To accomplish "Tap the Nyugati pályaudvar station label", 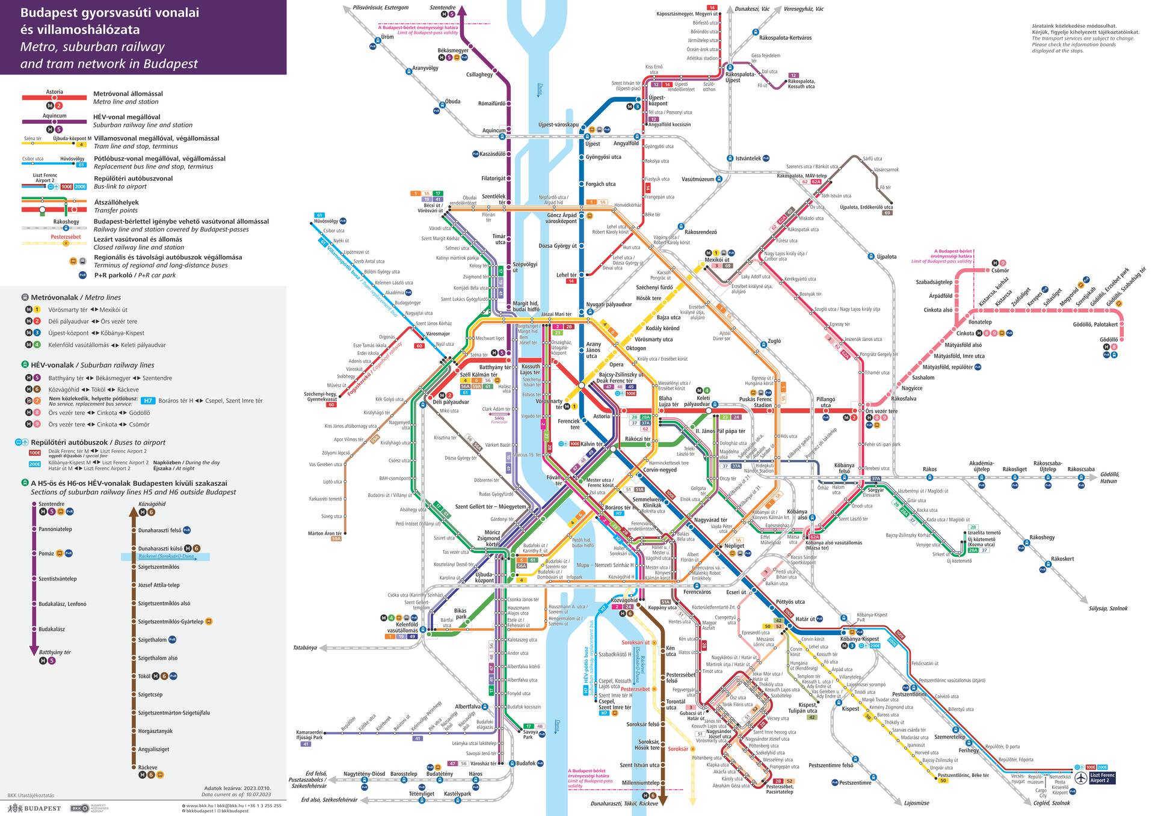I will tap(609, 304).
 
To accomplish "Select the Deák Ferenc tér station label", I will tap(614, 381).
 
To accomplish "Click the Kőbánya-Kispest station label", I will tap(861, 639).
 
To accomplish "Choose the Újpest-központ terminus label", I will tap(657, 100).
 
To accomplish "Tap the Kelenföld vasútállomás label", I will tap(402, 628).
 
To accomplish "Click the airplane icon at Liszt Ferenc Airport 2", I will tap(1081, 778).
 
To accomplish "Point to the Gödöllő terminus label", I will tap(1108, 340).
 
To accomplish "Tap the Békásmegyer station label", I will tap(453, 51).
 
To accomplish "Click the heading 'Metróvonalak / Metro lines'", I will tap(76, 297).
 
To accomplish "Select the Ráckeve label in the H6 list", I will tap(147, 767).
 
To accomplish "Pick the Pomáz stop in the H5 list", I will tap(46, 553).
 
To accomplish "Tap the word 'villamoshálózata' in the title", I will tap(80, 29).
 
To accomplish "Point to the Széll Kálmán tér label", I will tap(480, 375).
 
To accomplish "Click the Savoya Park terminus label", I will tap(531, 734).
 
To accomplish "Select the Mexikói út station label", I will tap(716, 260).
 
